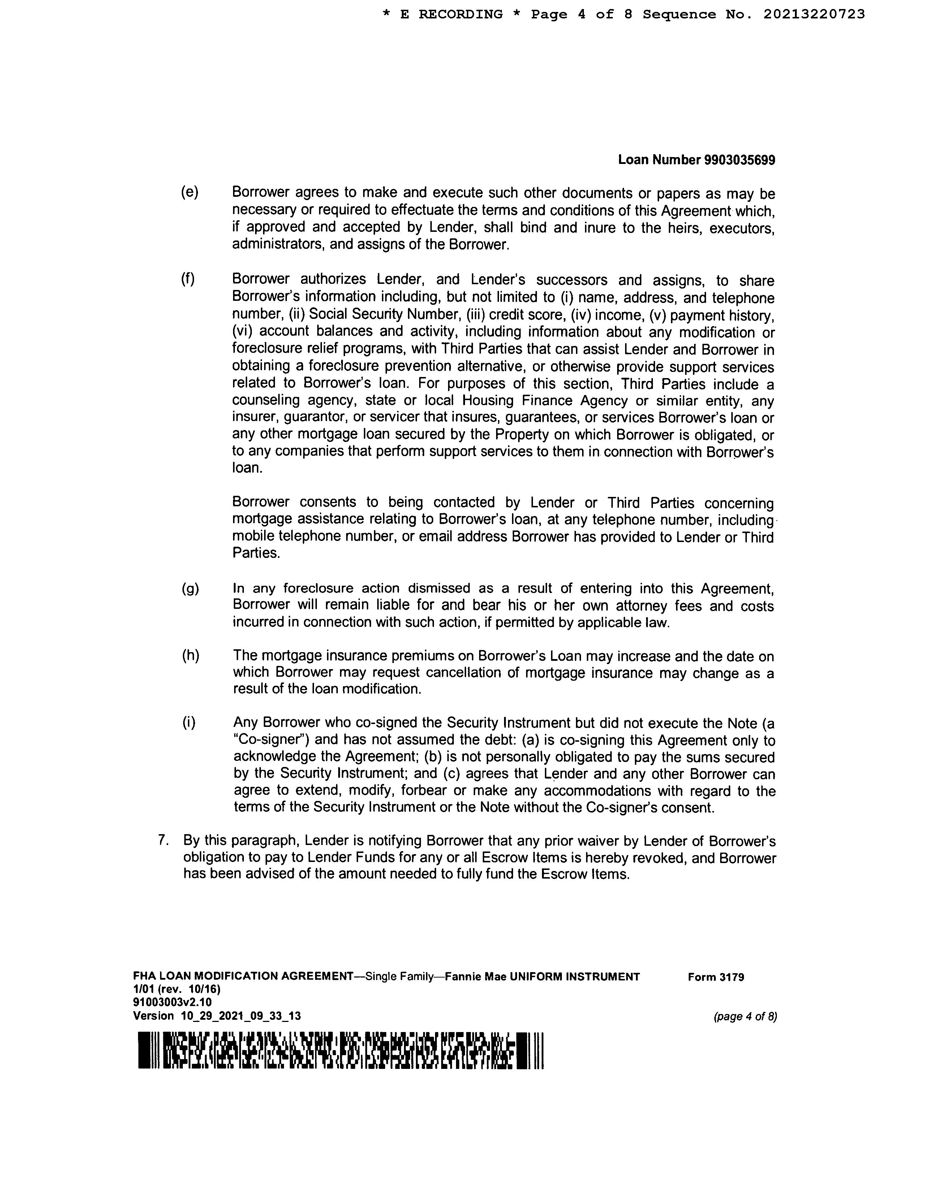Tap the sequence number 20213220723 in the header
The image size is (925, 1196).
(x=814, y=14)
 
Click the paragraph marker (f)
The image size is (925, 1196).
(x=188, y=279)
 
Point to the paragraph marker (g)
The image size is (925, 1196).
(x=190, y=589)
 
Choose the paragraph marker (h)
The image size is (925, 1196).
(x=190, y=655)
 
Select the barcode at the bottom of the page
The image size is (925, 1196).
(x=340, y=1050)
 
